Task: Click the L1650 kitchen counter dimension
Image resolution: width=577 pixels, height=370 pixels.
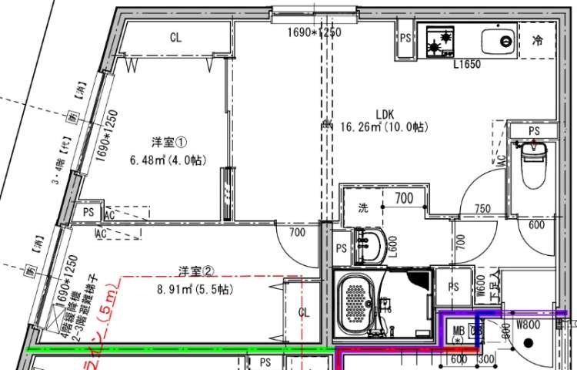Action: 466,65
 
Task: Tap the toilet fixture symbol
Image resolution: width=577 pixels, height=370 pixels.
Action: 533,164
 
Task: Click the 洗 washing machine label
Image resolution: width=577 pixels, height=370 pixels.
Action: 363,207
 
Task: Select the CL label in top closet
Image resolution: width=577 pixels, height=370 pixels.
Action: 175,38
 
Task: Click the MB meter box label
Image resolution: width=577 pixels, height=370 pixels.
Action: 459,331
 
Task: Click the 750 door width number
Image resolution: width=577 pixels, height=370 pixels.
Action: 482,209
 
